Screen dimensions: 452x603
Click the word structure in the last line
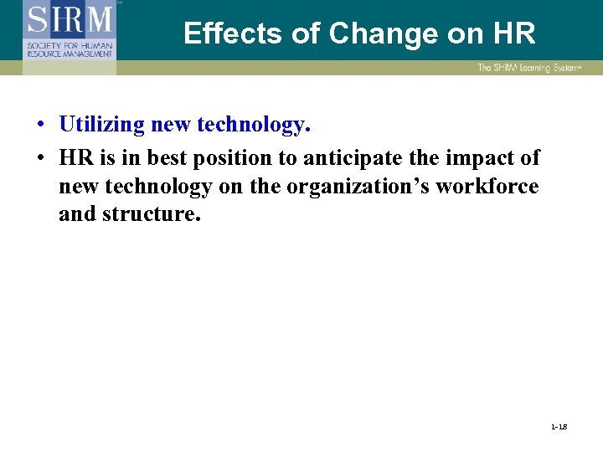(x=152, y=213)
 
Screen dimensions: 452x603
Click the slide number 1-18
(x=559, y=428)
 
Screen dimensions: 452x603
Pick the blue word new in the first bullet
(x=170, y=125)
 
